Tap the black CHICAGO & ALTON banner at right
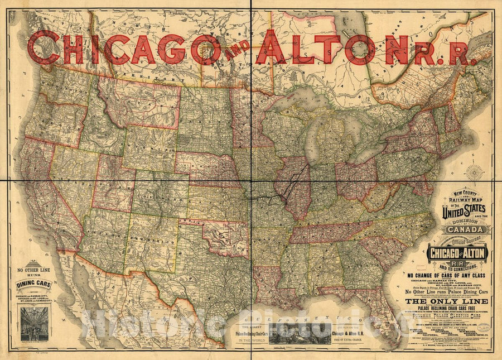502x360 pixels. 457,253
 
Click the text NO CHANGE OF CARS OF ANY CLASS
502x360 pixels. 456,274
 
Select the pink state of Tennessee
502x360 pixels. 329,232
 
